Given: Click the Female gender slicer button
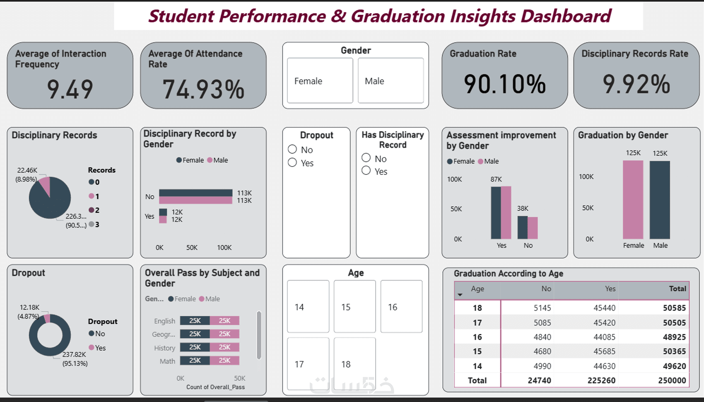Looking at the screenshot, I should click(x=320, y=81).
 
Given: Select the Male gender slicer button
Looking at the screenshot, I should click(x=391, y=81).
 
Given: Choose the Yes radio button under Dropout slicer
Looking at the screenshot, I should click(x=293, y=163).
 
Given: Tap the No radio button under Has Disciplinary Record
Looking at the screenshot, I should click(x=366, y=158).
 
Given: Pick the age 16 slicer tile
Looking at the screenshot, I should click(x=401, y=307).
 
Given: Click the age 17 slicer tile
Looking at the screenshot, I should click(x=308, y=364).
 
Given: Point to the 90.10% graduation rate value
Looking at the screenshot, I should click(x=505, y=84).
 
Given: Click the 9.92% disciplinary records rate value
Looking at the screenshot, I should click(x=636, y=84).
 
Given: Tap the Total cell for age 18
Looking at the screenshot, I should click(x=674, y=308).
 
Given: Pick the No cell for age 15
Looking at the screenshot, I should click(x=542, y=351).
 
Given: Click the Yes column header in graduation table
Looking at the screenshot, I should click(x=610, y=289).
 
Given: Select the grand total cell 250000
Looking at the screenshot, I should click(x=672, y=380).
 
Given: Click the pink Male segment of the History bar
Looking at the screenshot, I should click(x=224, y=347).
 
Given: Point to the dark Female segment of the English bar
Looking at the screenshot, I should click(x=195, y=321).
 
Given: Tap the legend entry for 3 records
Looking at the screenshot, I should click(x=94, y=225).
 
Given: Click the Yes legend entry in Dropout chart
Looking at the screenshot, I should click(x=97, y=348).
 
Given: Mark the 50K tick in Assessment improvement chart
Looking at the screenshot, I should click(x=456, y=209).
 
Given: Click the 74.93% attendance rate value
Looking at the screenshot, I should click(x=203, y=89).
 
